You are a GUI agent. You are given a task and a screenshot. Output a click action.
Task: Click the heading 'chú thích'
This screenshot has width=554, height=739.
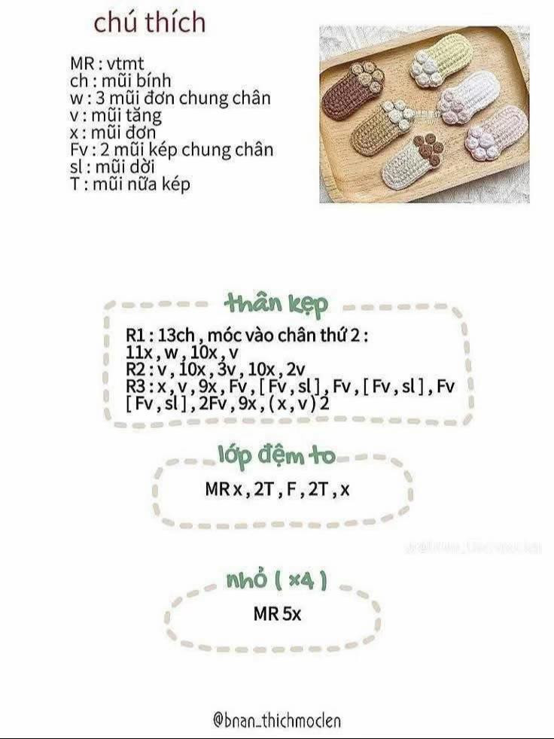pyautogui.click(x=149, y=22)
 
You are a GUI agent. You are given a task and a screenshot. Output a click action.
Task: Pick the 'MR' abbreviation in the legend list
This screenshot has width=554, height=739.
pyautogui.click(x=82, y=64)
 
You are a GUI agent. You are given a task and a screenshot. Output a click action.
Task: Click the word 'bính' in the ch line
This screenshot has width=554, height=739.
pyautogui.click(x=154, y=81)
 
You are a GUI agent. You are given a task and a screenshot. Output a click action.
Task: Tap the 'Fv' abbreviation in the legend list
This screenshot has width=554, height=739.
pyautogui.click(x=78, y=150)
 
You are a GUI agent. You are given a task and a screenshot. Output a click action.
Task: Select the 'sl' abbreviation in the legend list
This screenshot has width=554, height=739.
pyautogui.click(x=75, y=166)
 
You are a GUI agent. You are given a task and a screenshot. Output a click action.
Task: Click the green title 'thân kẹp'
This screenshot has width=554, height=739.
pyautogui.click(x=276, y=305)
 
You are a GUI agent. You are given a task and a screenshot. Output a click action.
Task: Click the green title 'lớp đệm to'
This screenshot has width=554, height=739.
pyautogui.click(x=276, y=455)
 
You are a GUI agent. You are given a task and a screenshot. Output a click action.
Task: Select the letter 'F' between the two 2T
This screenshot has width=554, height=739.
pyautogui.click(x=290, y=490)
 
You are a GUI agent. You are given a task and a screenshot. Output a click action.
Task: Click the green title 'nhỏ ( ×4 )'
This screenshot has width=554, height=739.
pyautogui.click(x=276, y=579)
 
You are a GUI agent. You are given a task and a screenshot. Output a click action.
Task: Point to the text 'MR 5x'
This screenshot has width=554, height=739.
pyautogui.click(x=276, y=614)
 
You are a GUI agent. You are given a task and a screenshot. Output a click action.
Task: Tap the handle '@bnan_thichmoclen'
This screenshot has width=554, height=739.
pyautogui.click(x=276, y=720)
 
